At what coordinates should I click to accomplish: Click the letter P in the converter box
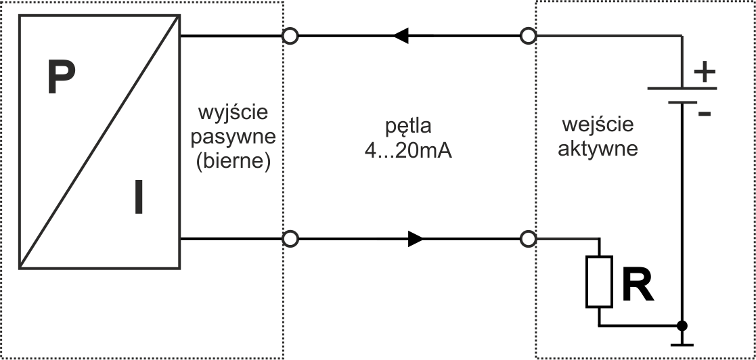pos(61,77)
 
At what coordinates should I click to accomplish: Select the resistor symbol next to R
pos(599,282)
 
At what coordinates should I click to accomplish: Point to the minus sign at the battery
pos(704,114)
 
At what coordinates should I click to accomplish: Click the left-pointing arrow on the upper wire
pos(401,35)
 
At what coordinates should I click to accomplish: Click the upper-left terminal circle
pos(290,35)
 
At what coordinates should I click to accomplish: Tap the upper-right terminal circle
pos(528,35)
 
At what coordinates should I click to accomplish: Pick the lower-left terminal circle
pos(290,239)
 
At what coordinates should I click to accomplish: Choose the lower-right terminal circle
pos(528,239)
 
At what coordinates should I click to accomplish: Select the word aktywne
pos(598,149)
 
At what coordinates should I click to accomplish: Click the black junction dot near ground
pos(682,326)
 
